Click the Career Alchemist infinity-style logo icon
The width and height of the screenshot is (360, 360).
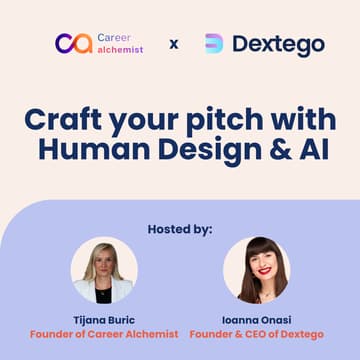74,43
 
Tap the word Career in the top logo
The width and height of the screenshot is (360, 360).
113,37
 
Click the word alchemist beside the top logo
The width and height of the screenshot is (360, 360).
121,49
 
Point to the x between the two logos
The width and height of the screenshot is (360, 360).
175,44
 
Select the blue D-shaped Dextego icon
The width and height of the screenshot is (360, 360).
214,44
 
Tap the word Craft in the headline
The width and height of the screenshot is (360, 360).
62,119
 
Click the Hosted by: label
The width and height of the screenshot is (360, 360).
180,229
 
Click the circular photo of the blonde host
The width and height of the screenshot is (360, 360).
104,270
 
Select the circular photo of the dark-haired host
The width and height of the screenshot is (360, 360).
255,270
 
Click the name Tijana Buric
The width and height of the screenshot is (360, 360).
104,319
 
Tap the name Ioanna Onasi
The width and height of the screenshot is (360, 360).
255,319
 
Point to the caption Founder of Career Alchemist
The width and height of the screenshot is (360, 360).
104,334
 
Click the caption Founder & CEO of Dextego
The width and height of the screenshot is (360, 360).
255,334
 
